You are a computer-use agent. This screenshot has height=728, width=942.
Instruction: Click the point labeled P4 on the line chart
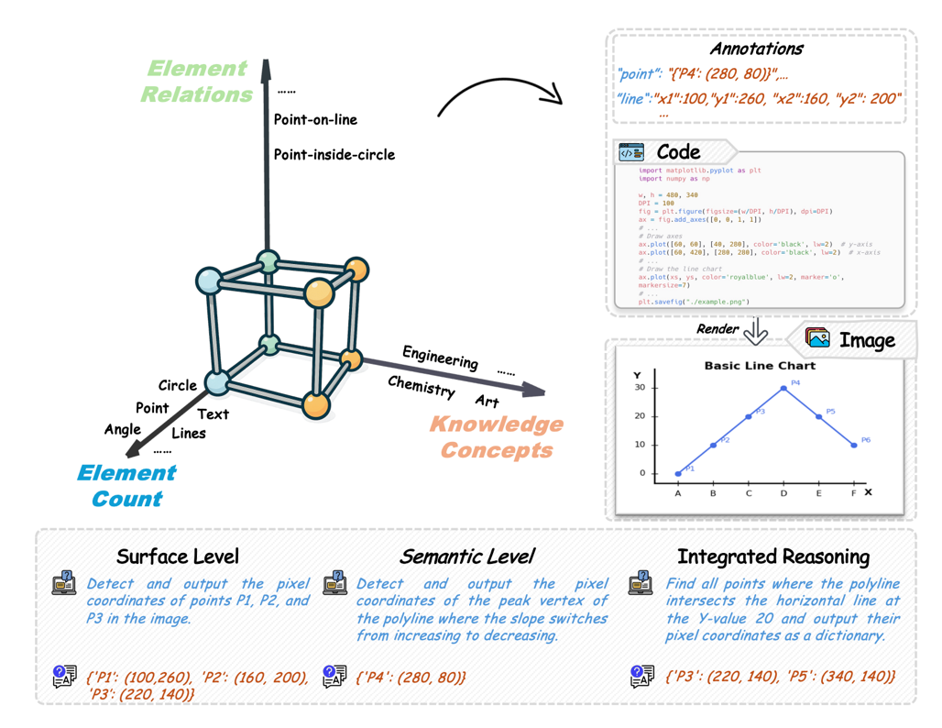[783, 388]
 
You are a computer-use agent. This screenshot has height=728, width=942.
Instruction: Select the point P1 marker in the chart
[678, 474]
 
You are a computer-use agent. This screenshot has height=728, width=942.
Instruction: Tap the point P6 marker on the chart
[854, 446]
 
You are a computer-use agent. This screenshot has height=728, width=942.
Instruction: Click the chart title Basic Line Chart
[760, 366]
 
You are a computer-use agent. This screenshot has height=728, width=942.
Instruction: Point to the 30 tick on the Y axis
[640, 388]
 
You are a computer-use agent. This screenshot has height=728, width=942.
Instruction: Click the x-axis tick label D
[783, 493]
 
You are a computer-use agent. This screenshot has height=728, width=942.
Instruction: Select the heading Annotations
[756, 49]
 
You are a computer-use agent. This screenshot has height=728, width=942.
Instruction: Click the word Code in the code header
[678, 152]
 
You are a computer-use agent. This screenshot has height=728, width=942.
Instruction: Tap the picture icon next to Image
[818, 338]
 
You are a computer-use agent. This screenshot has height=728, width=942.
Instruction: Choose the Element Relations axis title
[197, 81]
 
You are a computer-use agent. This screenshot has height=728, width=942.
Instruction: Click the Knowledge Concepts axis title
[496, 436]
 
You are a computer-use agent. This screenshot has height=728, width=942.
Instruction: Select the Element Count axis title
[126, 486]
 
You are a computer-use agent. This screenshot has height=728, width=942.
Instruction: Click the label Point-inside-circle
[334, 154]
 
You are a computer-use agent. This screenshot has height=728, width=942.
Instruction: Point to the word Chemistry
[421, 387]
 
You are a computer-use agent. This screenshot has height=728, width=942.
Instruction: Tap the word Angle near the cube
[123, 429]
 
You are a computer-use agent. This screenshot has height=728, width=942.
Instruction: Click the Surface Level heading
[178, 556]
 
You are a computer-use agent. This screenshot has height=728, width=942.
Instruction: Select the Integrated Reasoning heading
[772, 556]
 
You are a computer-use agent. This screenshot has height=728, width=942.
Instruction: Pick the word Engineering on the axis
[440, 358]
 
